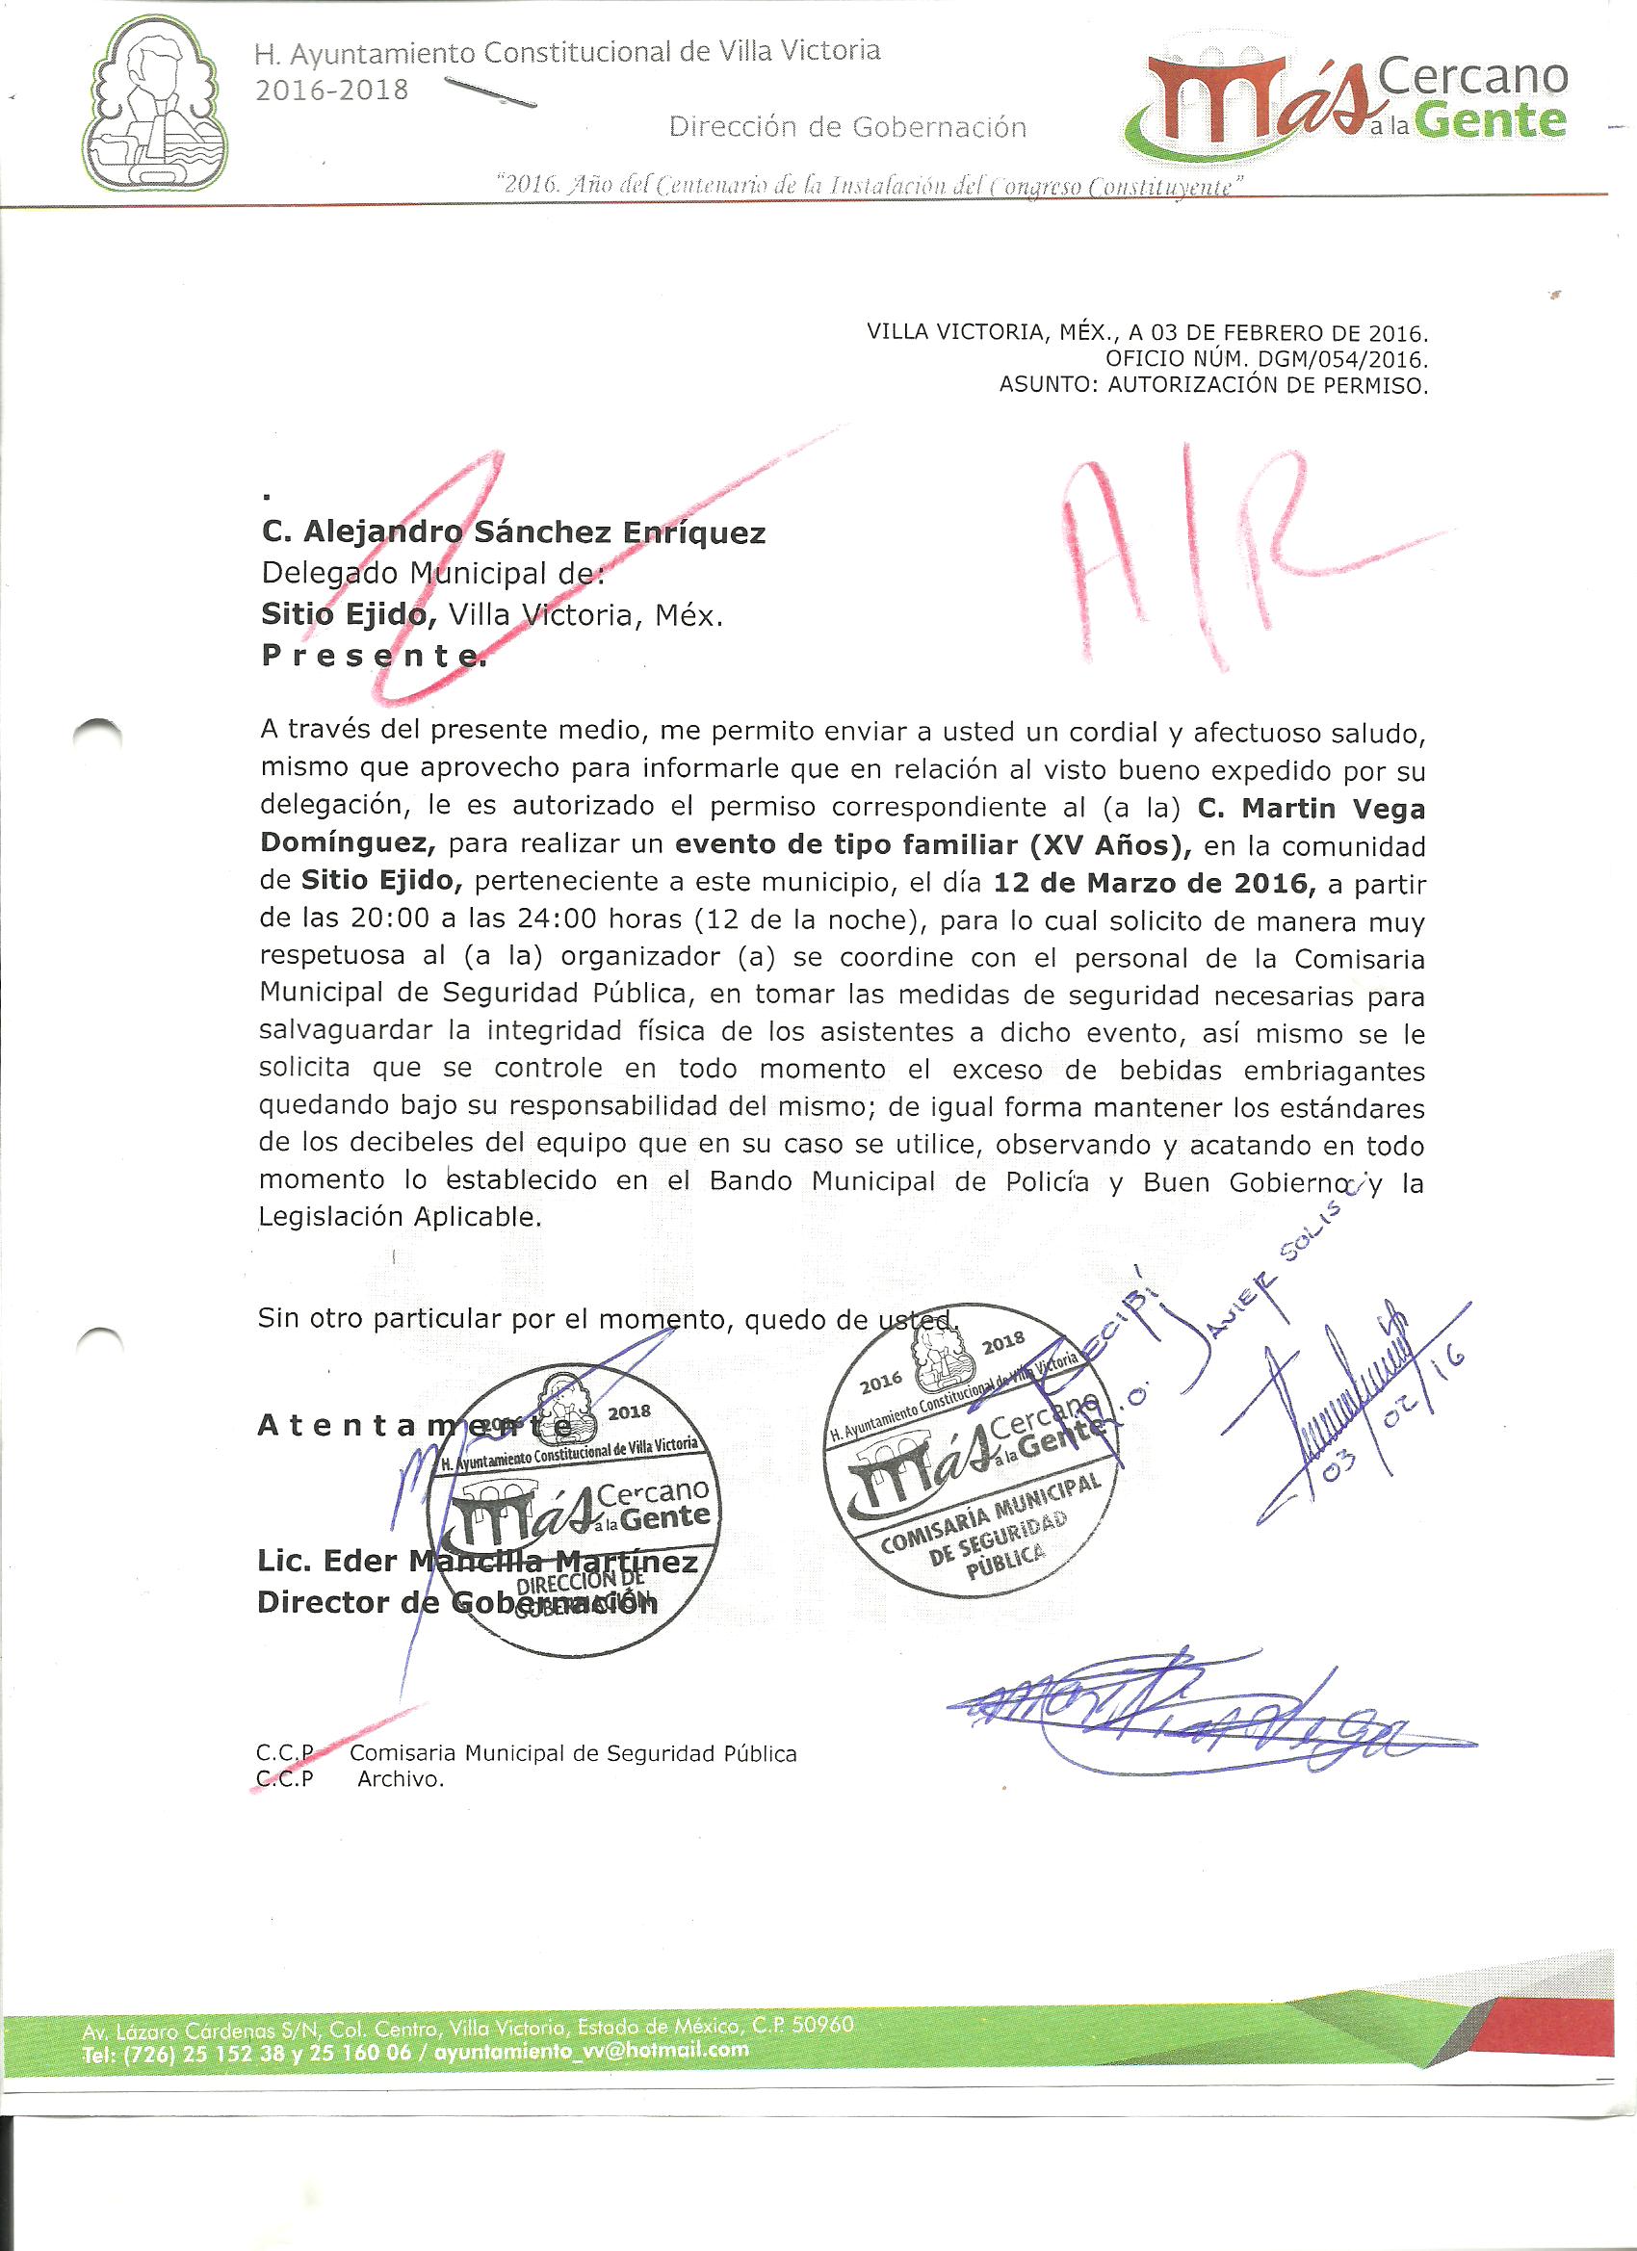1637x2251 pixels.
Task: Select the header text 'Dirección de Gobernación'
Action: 846,127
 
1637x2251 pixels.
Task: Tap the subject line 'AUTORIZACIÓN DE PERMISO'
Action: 1266,385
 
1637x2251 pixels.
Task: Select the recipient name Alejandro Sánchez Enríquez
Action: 513,534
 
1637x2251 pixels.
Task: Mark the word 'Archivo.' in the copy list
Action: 401,1780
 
